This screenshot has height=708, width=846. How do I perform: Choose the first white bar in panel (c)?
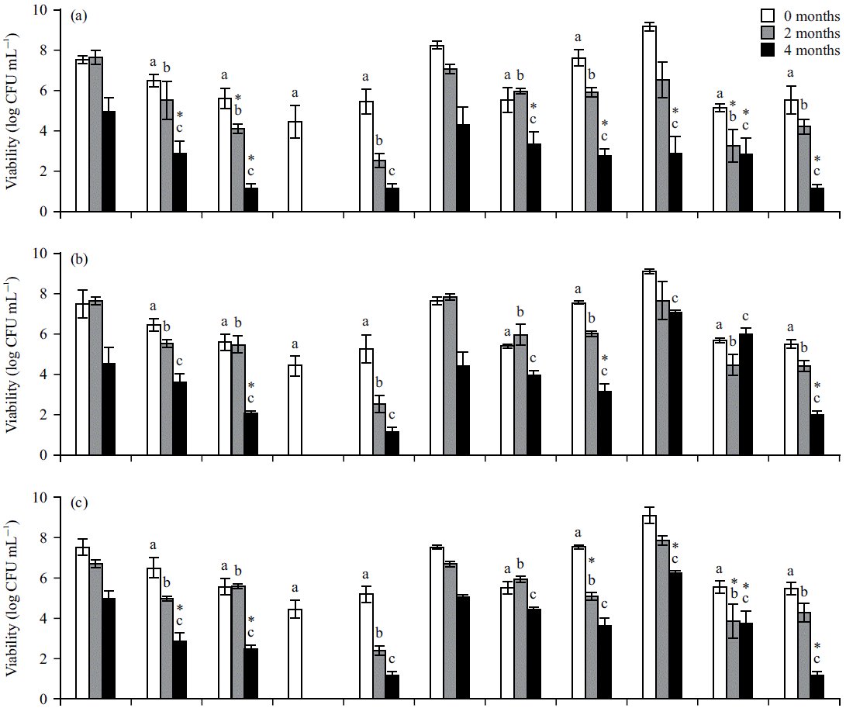(82, 623)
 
